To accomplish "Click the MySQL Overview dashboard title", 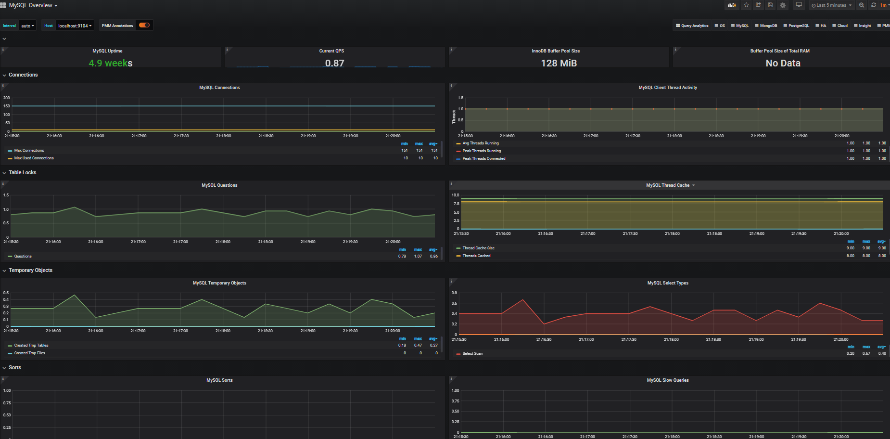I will (x=31, y=5).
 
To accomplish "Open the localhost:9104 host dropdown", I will (x=75, y=26).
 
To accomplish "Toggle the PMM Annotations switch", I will (x=144, y=25).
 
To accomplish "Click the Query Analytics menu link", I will (x=692, y=26).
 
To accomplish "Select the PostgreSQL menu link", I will (x=796, y=26).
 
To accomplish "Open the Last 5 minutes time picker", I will (x=831, y=5).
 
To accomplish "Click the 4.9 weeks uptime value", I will (x=111, y=63).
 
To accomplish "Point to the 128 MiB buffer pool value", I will (x=559, y=63).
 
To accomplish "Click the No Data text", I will (x=783, y=63).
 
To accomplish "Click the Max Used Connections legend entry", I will (x=34, y=158).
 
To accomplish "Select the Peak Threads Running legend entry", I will (x=482, y=151).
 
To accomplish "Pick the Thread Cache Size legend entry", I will (x=478, y=248).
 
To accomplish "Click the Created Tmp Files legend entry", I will (x=29, y=353).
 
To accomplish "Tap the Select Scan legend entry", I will (x=472, y=353).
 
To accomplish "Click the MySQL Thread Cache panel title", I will (x=668, y=185).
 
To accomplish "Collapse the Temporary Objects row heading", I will (x=30, y=270).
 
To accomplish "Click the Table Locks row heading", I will (x=22, y=172).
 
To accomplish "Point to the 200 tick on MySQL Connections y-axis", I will (x=7, y=98).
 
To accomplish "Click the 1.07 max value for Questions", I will (x=418, y=256).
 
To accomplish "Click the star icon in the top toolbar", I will (x=746, y=5).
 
